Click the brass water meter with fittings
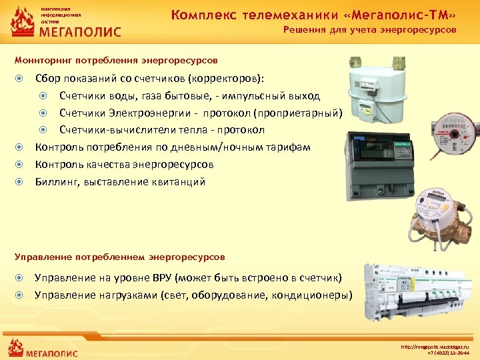(x=437, y=214)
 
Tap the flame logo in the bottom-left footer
(x=15, y=348)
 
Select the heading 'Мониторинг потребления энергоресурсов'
(x=116, y=60)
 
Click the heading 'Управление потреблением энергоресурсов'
(x=120, y=256)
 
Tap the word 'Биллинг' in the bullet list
(x=56, y=182)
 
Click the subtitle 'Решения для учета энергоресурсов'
(x=369, y=30)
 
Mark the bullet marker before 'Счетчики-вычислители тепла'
(x=43, y=130)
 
